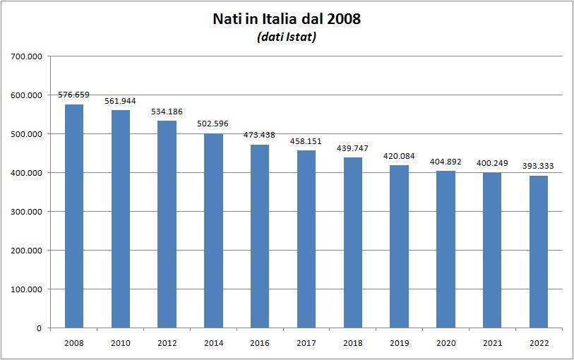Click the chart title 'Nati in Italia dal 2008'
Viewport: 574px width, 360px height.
point(287,19)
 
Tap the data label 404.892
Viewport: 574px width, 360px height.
point(446,162)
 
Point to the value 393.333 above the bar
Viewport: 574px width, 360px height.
point(539,166)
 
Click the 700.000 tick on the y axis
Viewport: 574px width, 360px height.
point(26,56)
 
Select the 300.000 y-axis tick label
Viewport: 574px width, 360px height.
point(26,212)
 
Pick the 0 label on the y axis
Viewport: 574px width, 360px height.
point(40,328)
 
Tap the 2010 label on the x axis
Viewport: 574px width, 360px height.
point(121,342)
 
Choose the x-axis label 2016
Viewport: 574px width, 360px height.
point(260,342)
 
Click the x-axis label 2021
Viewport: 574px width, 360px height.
point(492,342)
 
